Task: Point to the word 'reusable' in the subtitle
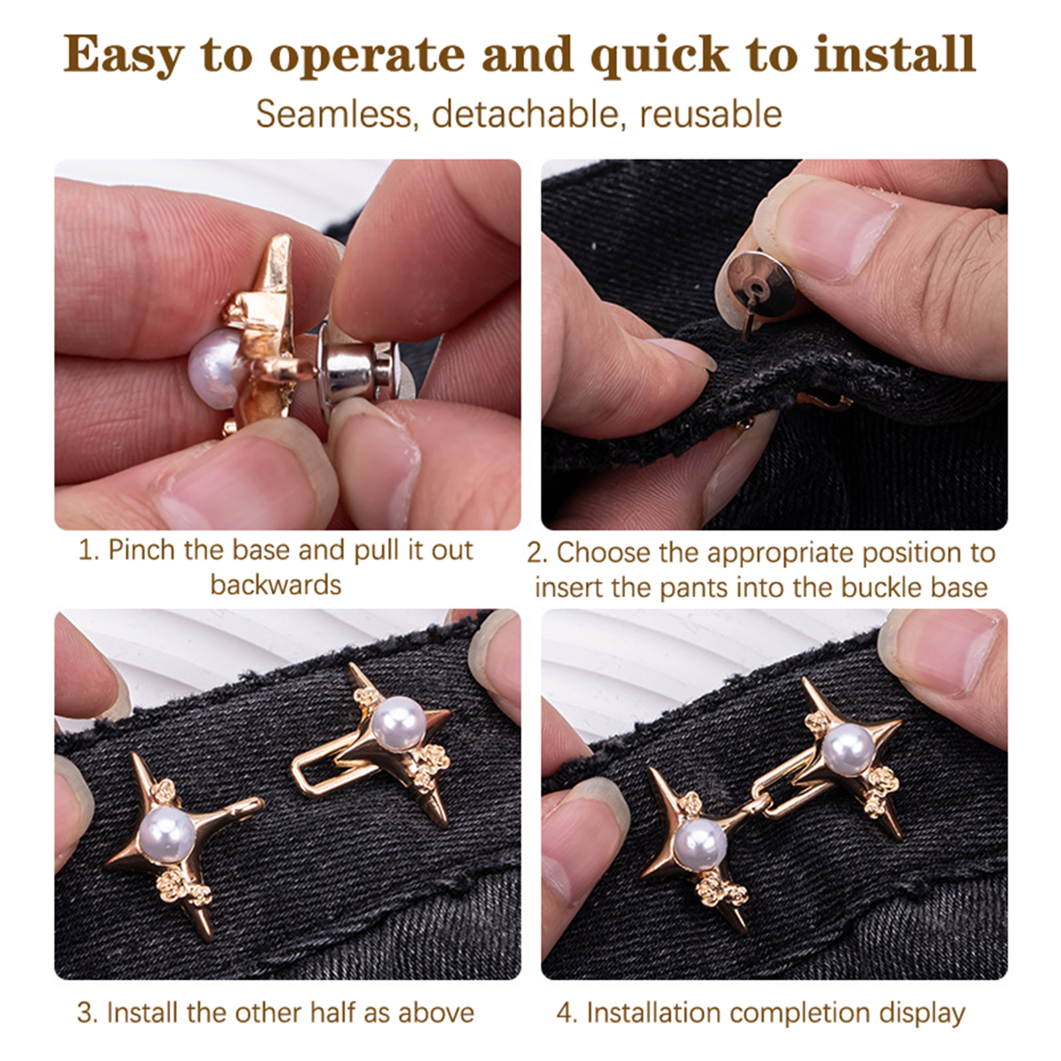710,113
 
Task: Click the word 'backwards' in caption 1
276,585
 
